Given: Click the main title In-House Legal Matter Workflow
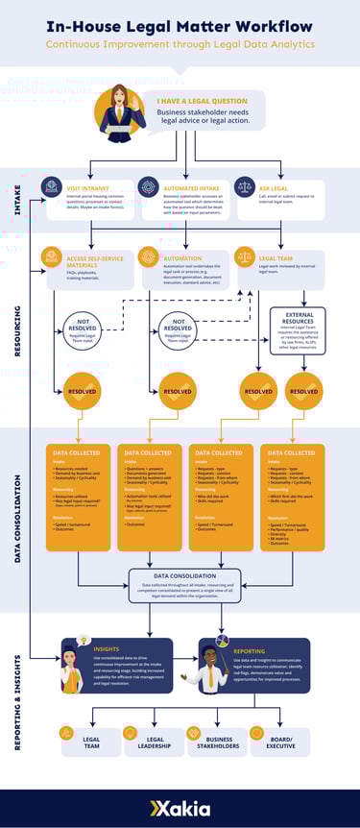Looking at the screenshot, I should (x=180, y=26).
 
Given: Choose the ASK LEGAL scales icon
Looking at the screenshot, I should (x=244, y=186).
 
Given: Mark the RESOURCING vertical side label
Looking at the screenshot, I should (x=16, y=330).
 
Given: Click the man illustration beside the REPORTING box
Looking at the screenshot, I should (x=212, y=670).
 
